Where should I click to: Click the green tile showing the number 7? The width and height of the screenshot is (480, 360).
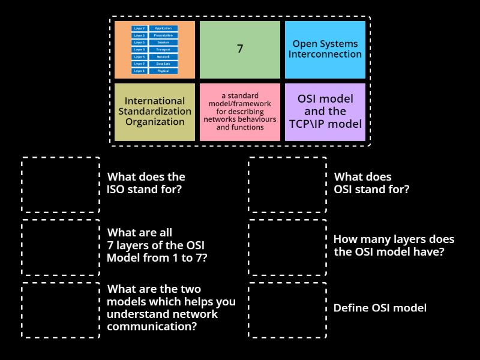[240, 50]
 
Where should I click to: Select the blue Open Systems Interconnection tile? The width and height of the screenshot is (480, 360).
[325, 50]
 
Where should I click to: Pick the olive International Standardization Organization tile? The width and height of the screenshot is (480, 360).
[155, 112]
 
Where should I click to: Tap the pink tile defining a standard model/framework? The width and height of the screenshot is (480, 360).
[240, 112]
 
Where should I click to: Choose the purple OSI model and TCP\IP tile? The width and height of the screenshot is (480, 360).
[325, 112]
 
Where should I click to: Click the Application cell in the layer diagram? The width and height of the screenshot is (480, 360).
[163, 28]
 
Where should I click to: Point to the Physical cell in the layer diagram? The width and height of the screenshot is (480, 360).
[163, 71]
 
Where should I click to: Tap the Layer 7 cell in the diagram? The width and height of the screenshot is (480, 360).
[139, 28]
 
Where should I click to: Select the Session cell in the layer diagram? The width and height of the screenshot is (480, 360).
[163, 43]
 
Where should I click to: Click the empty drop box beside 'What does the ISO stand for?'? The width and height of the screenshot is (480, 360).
[61, 184]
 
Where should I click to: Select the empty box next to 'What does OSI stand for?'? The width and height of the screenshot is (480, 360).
[287, 184]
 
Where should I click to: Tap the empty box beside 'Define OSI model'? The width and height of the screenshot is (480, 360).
[287, 309]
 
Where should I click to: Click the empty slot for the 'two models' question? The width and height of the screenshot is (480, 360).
[61, 309]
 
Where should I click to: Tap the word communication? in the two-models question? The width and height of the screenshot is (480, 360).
[153, 327]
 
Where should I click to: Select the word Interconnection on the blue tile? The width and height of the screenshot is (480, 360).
[325, 55]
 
